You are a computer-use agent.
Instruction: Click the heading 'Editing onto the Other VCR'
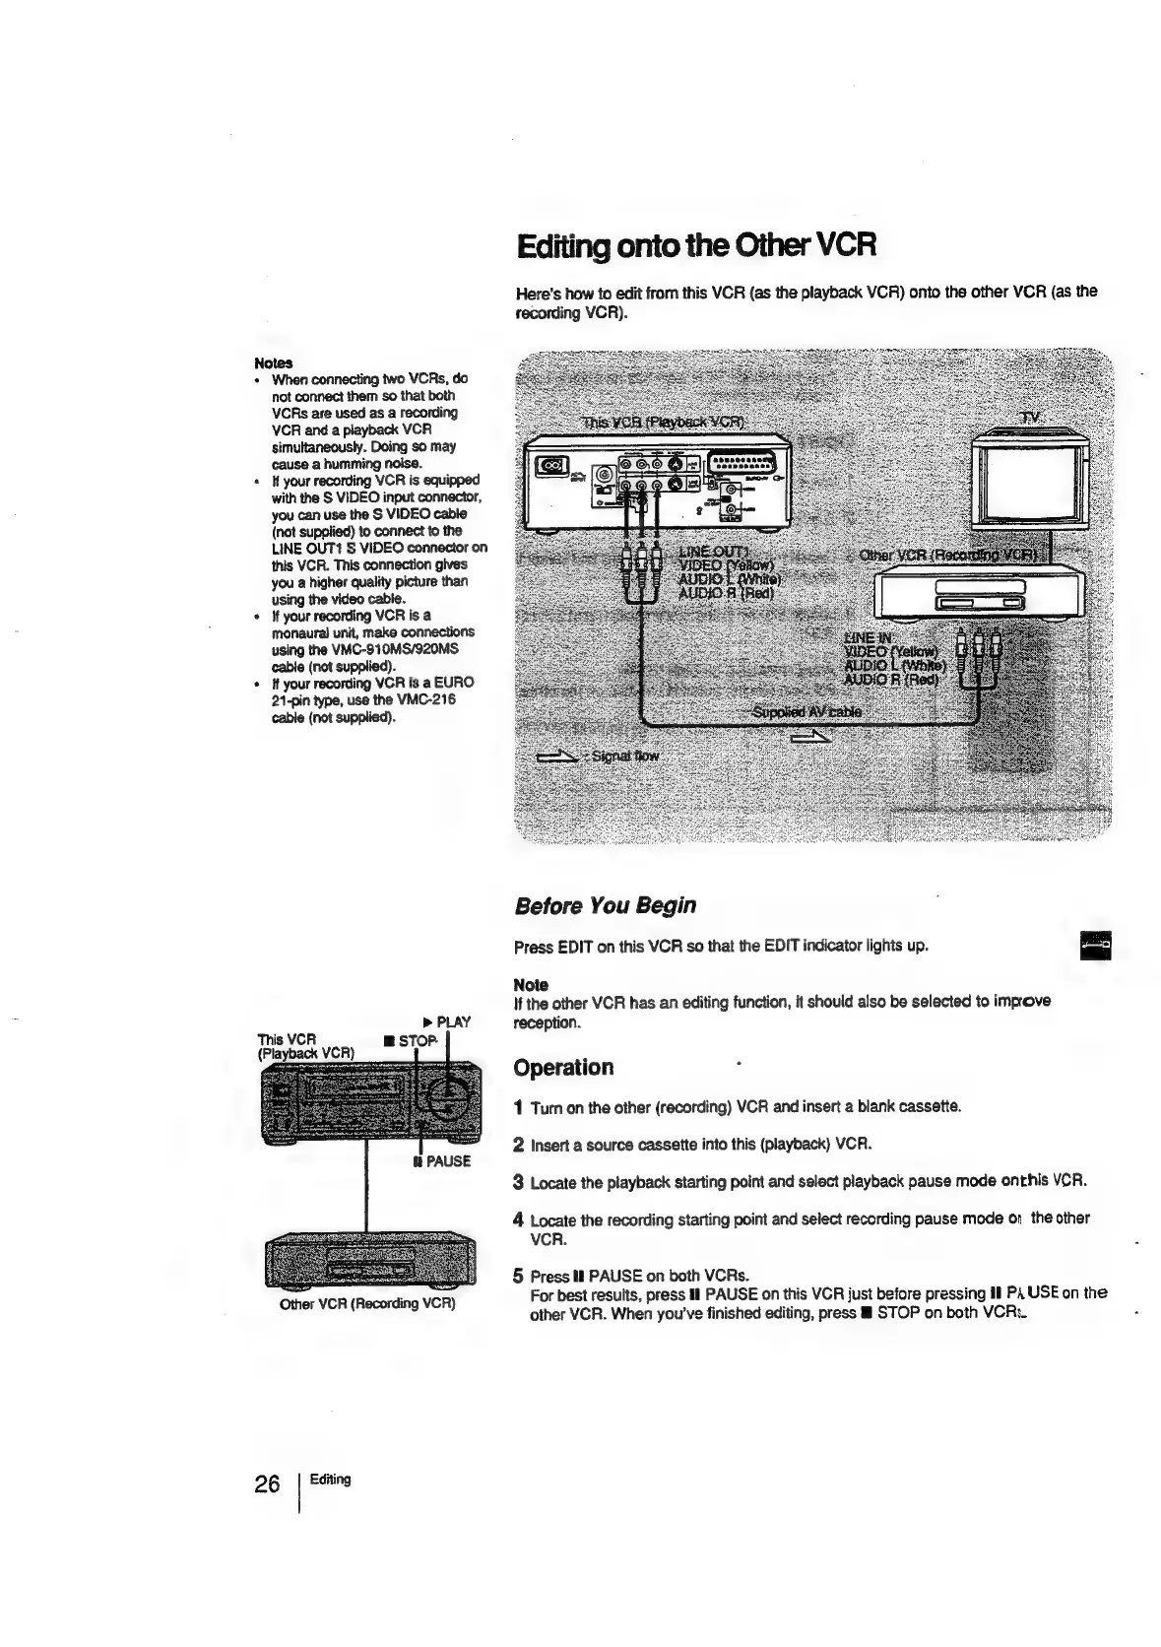point(695,244)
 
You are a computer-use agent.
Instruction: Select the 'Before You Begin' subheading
point(605,905)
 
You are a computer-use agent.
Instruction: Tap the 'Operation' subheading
point(563,1068)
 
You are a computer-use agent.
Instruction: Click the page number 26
point(267,1485)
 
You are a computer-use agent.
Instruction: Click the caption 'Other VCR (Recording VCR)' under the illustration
point(367,1303)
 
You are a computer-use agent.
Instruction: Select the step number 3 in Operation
point(518,1181)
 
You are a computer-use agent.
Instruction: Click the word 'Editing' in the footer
point(330,1480)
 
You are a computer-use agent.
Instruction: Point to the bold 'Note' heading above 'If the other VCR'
point(531,985)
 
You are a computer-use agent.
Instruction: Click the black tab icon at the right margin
point(1093,944)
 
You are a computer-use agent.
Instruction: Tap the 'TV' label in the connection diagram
point(1030,418)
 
